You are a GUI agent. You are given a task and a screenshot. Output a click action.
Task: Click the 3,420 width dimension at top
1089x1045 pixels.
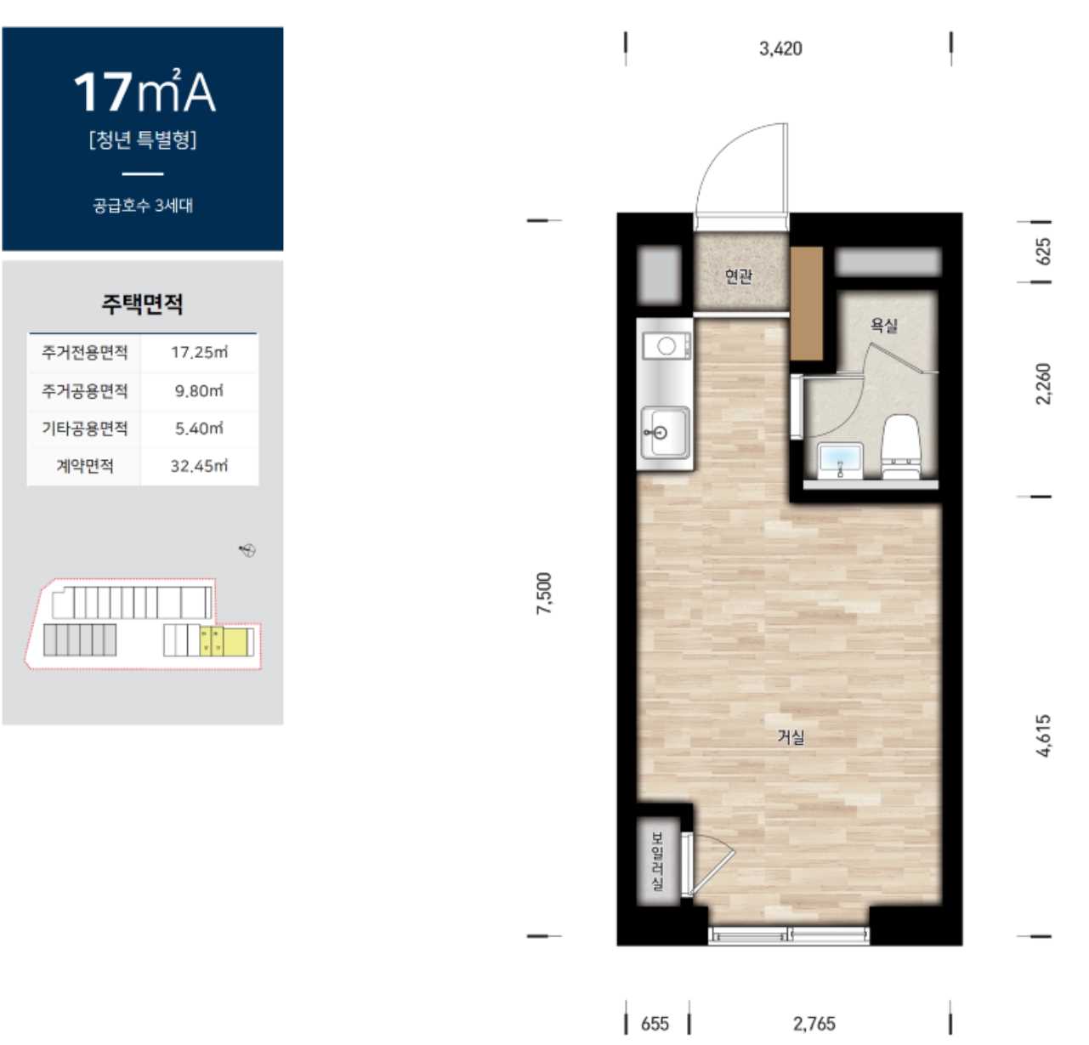780,49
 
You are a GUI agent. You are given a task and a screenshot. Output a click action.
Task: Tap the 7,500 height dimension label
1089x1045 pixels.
544,593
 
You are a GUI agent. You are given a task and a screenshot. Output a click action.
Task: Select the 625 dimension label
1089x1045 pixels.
1043,252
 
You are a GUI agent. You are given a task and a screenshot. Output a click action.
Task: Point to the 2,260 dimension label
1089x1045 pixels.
1043,383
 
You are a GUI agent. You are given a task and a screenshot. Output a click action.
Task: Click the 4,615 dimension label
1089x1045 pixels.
1043,736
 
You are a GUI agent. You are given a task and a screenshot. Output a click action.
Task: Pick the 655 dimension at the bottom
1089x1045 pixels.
655,1024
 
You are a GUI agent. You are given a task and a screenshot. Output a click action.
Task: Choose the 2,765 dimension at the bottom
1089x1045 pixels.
814,1024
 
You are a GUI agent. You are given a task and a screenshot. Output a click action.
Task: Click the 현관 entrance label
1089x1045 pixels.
738,276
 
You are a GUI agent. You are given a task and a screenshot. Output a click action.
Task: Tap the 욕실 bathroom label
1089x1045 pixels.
884,325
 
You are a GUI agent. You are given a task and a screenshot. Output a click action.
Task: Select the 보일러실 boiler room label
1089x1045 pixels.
657,860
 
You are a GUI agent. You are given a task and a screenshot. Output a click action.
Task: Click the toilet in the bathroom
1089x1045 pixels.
901,446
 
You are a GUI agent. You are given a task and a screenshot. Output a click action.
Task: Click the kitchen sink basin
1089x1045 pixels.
665,432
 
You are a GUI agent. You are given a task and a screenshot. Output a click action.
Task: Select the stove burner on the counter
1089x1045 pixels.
666,346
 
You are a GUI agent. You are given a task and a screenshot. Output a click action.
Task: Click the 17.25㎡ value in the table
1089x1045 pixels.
199,353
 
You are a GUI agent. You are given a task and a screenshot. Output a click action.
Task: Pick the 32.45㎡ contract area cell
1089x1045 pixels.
199,466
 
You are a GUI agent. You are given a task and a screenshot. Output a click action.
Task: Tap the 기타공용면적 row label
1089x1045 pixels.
84,429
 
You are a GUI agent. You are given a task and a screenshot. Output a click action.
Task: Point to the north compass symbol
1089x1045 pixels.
247,549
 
